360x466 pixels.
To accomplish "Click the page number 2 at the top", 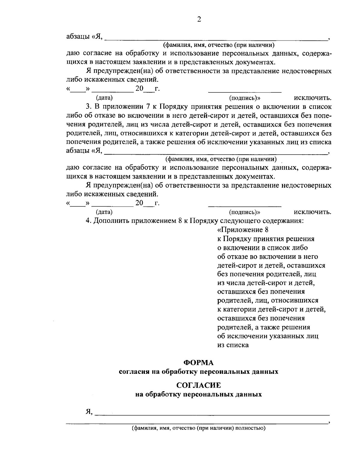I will point(199,20).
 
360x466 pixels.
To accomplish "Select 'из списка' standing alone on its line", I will point(233,345).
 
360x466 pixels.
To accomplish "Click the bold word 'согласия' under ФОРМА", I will point(132,372).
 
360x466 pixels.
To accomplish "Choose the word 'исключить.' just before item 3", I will point(313,98).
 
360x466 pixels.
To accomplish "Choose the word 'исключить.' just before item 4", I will point(313,212).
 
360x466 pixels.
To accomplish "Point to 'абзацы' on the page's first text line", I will point(77,37).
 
